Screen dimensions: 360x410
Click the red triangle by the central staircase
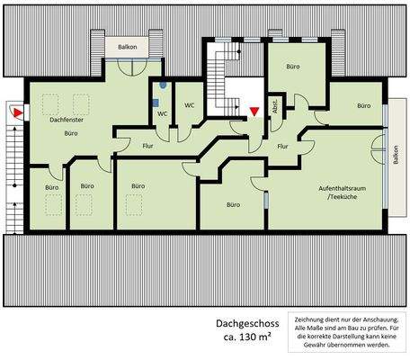(x=254, y=111)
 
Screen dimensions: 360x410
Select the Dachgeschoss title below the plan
(x=247, y=321)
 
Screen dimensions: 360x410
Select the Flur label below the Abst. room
(x=282, y=146)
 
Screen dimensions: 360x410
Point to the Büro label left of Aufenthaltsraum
(x=234, y=204)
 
